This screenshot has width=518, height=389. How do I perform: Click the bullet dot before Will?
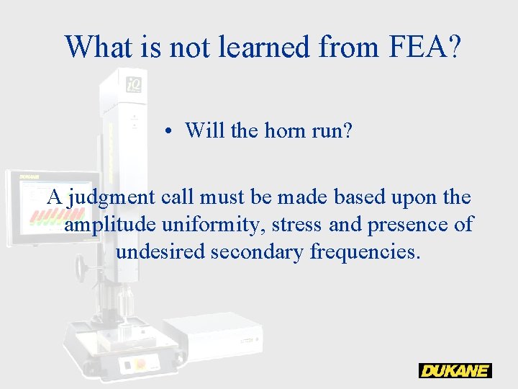(x=166, y=131)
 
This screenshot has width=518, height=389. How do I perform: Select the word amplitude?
(x=110, y=225)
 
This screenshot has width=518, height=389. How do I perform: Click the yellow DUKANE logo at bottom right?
(x=455, y=371)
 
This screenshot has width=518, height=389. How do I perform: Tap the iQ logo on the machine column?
(x=134, y=84)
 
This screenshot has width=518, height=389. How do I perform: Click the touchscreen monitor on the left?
(x=52, y=208)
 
